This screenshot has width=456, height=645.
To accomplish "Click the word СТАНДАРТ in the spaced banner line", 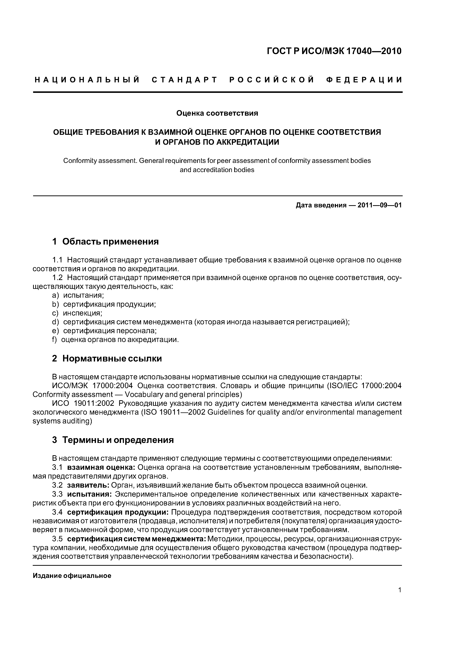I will [185, 80].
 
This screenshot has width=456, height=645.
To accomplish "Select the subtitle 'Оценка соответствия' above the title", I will [217, 113].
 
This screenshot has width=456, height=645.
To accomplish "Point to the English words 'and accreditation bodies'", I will [217, 170].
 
